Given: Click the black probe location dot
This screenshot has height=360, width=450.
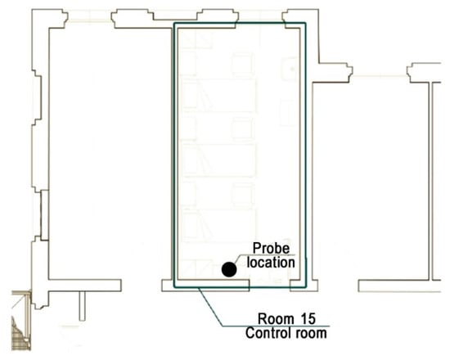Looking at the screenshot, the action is click(x=229, y=269).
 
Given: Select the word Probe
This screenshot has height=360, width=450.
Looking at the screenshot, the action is click(x=271, y=249).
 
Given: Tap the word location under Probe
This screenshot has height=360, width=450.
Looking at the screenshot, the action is click(x=271, y=263).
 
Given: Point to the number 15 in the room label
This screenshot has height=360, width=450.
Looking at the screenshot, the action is click(x=308, y=318).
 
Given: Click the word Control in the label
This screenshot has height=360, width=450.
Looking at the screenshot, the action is click(x=264, y=333).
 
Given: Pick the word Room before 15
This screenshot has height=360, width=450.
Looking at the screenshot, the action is click(x=276, y=318).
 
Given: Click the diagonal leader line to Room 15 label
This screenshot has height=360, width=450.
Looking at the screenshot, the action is click(x=211, y=307).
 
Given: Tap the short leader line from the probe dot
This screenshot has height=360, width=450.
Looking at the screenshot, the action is click(x=237, y=259).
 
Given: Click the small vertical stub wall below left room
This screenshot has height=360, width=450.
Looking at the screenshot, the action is click(x=82, y=306).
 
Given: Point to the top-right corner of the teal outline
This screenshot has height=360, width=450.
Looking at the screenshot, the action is click(x=306, y=23).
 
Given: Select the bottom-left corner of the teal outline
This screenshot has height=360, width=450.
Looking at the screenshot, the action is click(x=174, y=287).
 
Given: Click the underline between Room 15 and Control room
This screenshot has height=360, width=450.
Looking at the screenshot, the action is click(x=276, y=326).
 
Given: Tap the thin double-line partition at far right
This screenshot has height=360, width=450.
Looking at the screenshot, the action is click(x=430, y=181).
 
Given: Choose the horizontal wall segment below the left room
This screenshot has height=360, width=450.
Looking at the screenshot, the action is click(x=84, y=286).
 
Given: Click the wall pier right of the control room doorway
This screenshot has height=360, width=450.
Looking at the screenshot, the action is click(x=304, y=286).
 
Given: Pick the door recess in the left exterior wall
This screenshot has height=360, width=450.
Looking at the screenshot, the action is click(x=44, y=215).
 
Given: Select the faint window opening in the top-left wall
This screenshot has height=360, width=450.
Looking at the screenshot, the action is click(x=89, y=16).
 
